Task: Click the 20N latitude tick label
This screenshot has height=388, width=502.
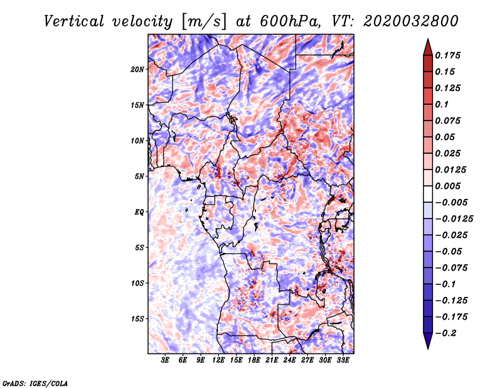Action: click(137, 69)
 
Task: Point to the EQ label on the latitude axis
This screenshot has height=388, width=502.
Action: click(139, 212)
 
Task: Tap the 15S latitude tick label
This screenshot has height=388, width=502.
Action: click(137, 319)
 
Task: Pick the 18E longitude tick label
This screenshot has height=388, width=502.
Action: click(254, 360)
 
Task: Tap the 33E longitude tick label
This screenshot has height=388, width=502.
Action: click(343, 360)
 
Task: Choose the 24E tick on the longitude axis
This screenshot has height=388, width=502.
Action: click(289, 360)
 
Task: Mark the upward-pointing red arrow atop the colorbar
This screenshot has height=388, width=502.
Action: click(427, 45)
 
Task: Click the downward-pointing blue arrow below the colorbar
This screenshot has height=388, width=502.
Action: click(427, 342)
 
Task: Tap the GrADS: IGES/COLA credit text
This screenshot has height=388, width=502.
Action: click(35, 382)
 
